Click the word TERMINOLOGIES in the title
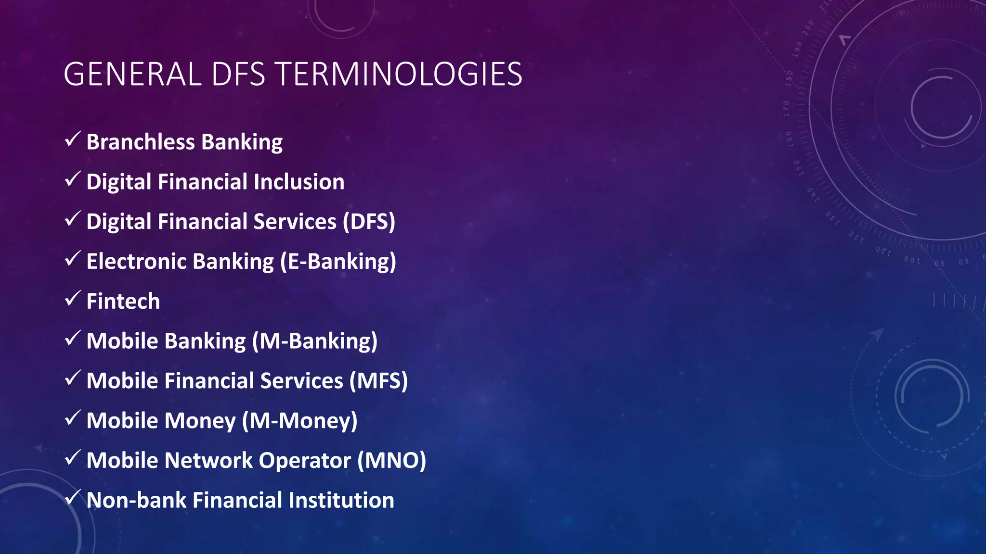point(399,75)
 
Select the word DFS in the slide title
point(238,75)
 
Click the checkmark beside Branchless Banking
point(72,139)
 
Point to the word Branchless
point(141,142)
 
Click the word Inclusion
point(299,182)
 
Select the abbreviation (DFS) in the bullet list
point(369,222)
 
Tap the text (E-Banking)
point(338,262)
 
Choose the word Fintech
point(123,302)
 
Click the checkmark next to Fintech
point(72,299)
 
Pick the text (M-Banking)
point(315,341)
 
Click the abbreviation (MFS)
point(378,381)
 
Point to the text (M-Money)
point(299,421)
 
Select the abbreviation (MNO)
point(391,461)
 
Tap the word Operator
point(305,461)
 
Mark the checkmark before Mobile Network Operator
point(72,458)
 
